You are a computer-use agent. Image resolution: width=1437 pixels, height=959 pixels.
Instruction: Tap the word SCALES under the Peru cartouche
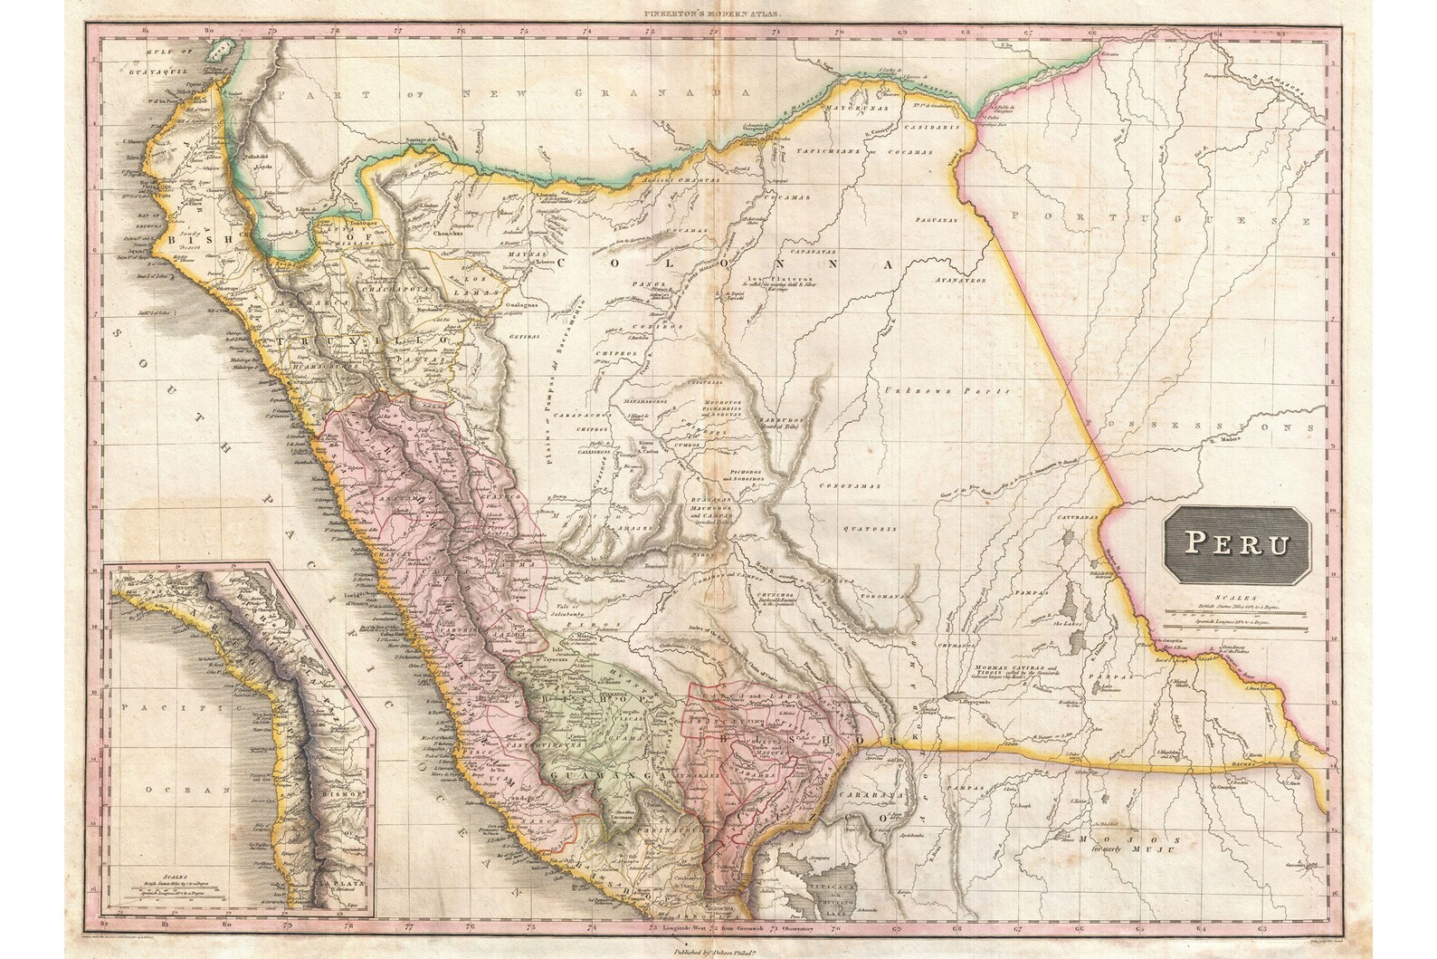point(1237,598)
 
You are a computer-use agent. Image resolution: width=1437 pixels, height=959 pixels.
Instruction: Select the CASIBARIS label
point(941,128)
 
